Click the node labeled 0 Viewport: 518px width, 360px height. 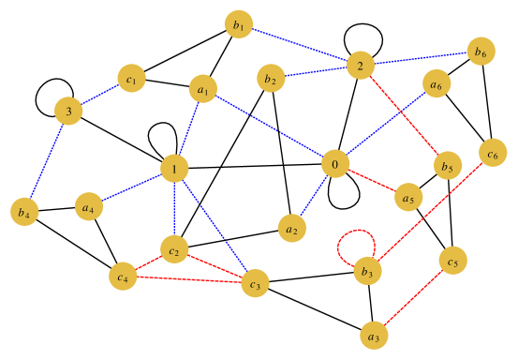(334, 165)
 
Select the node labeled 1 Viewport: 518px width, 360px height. (174, 169)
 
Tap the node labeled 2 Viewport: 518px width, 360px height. (360, 66)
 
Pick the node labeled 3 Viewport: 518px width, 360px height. (67, 112)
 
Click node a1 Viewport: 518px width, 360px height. (202, 89)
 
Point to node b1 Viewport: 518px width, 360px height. (239, 25)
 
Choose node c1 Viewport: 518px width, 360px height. (131, 79)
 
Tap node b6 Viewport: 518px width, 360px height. (480, 51)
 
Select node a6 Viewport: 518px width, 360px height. (436, 82)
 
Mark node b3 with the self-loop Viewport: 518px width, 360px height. (367, 272)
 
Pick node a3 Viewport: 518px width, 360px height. (374, 334)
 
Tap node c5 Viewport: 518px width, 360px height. (452, 261)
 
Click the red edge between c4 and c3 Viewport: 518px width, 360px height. (187, 278)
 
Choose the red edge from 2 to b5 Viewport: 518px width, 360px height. (404, 115)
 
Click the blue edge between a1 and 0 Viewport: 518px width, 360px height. (268, 127)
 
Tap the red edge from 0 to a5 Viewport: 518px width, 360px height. (370, 181)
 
